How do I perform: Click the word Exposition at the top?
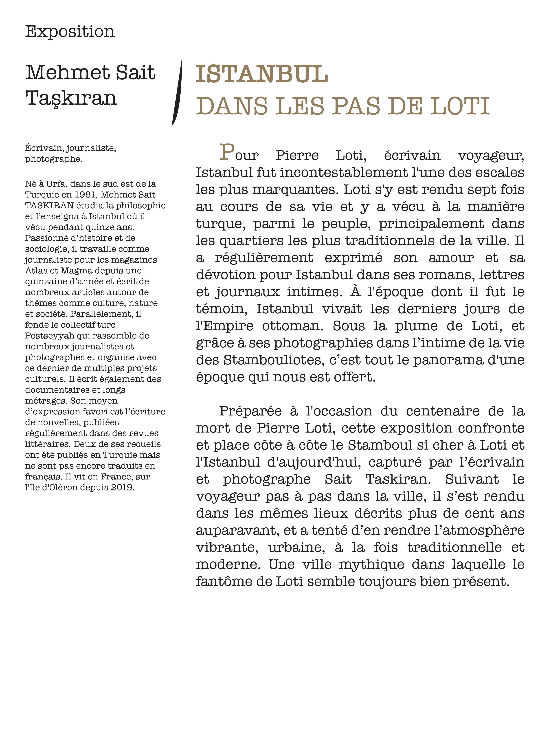[x=70, y=32]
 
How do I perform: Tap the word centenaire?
[x=442, y=411]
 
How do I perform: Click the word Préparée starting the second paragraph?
[x=250, y=411]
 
